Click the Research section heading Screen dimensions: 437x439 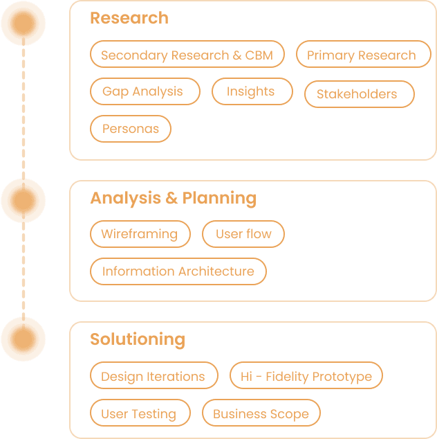tap(129, 18)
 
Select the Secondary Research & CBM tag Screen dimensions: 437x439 tap(187, 55)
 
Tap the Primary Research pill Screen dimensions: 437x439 tap(361, 55)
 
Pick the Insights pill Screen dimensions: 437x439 tap(252, 91)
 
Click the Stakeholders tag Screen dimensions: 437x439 tap(359, 94)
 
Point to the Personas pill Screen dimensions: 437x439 tap(131, 129)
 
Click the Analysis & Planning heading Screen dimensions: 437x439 tap(173, 199)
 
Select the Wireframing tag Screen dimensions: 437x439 tap(140, 234)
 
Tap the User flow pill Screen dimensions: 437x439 tap(243, 234)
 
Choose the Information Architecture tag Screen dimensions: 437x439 tap(178, 271)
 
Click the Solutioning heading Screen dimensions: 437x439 tap(138, 339)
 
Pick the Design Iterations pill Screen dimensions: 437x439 tap(154, 377)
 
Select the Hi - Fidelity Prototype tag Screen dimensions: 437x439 tap(306, 377)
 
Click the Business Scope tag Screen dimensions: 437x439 tap(261, 414)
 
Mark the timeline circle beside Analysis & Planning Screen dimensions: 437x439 tap(23, 201)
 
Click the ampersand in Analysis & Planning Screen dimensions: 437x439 tap(172, 199)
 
